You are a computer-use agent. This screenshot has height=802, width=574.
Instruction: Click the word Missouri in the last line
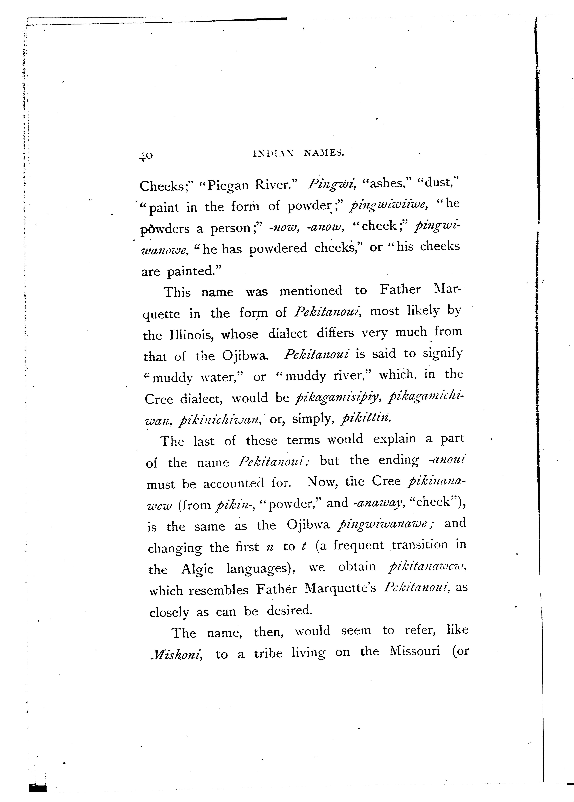415,651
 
